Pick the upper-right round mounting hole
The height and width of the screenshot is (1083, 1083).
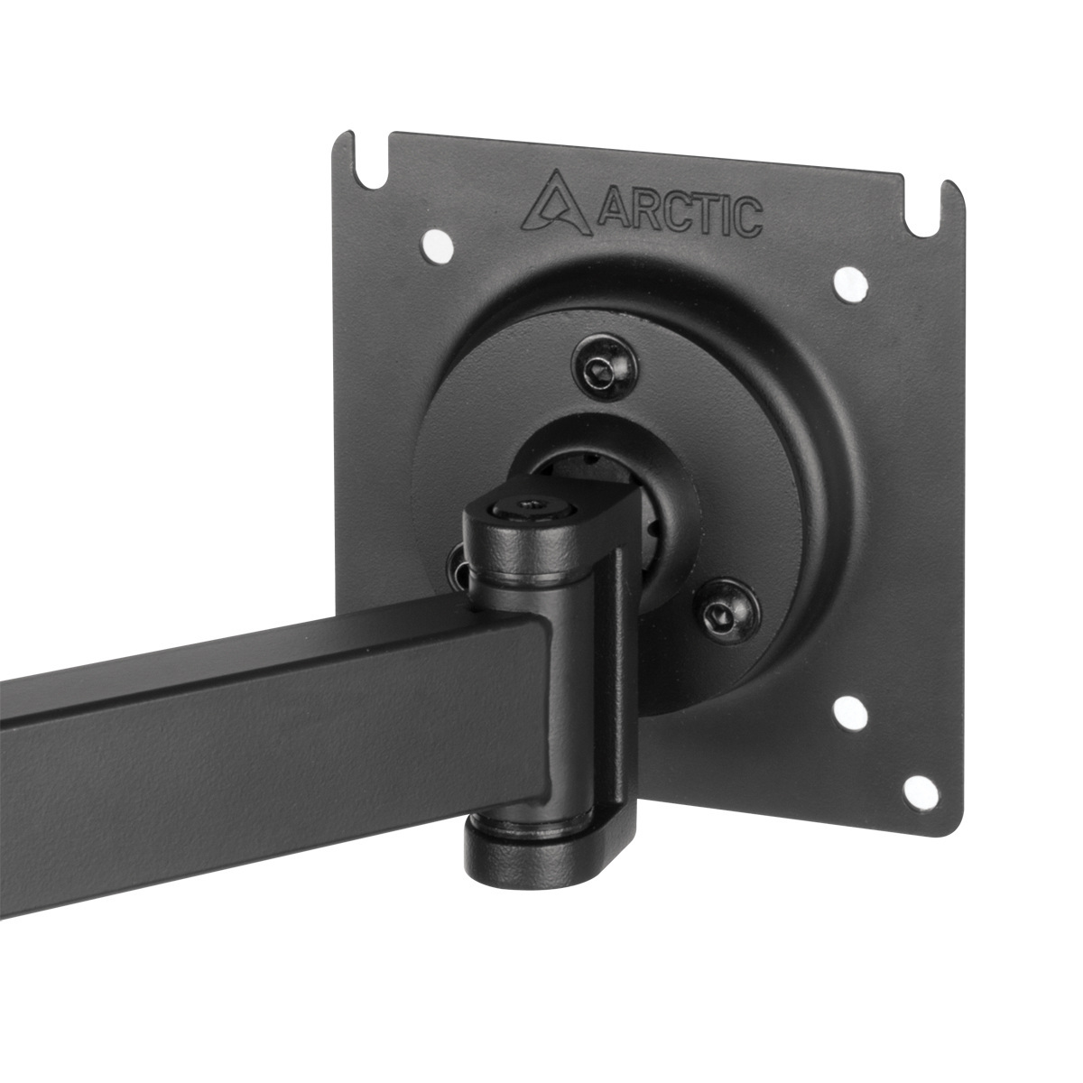[849, 284]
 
